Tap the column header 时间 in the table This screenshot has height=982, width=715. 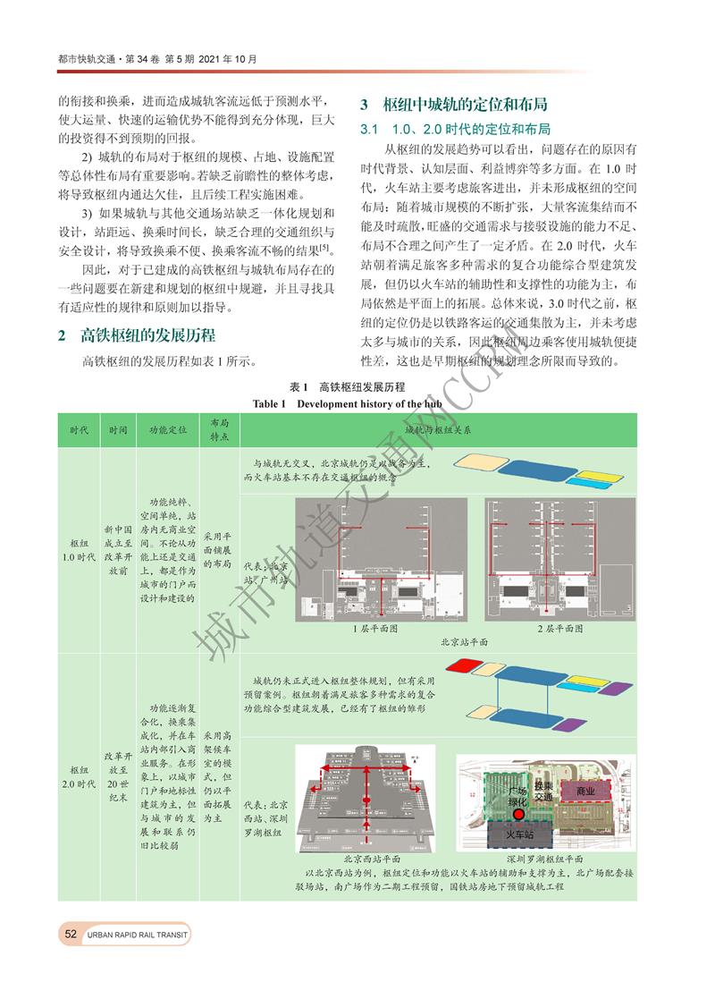click(x=118, y=429)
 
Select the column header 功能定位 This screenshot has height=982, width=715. click(x=167, y=429)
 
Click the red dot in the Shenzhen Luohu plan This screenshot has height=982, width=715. click(x=518, y=815)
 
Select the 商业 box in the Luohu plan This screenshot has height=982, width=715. click(x=585, y=792)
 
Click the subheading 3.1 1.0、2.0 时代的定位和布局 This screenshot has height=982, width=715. click(x=455, y=129)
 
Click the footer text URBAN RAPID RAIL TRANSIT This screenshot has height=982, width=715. click(x=138, y=935)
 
